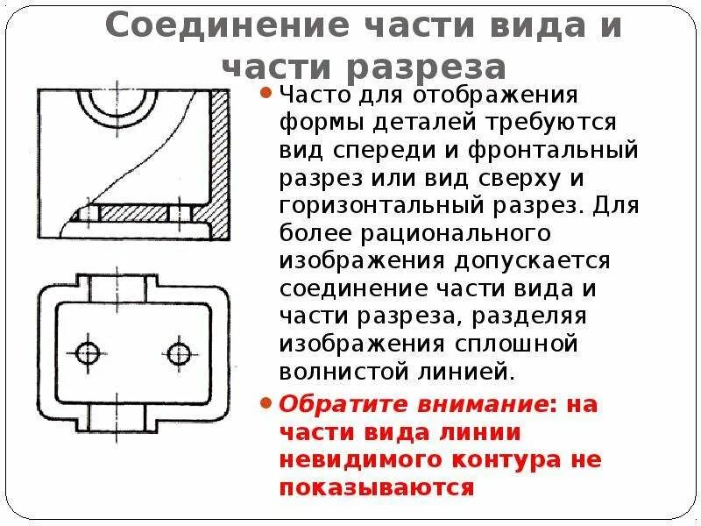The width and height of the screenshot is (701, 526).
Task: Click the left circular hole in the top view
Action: click(x=88, y=353)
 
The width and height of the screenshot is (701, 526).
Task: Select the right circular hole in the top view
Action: click(x=179, y=353)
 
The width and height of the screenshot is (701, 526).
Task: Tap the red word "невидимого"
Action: click(x=368, y=460)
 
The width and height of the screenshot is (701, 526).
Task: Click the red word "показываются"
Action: click(x=377, y=488)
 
